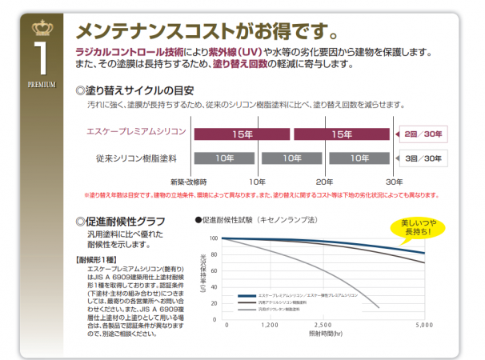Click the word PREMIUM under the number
click(x=40, y=83)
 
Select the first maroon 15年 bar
click(x=238, y=134)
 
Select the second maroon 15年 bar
click(x=342, y=134)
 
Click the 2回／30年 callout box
click(x=423, y=134)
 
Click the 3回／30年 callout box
click(x=423, y=158)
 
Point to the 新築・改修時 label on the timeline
click(x=188, y=182)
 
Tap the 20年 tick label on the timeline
click(x=324, y=182)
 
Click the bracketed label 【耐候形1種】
click(x=98, y=261)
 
